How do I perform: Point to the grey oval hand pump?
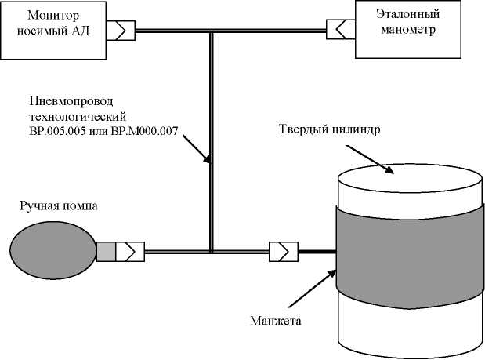[x=52, y=251]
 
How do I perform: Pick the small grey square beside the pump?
[x=106, y=252]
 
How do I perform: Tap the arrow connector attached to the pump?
[x=130, y=252]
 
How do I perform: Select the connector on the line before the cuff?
[x=281, y=252]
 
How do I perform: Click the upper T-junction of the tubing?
[x=212, y=31]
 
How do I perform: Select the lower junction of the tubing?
[x=212, y=252]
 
